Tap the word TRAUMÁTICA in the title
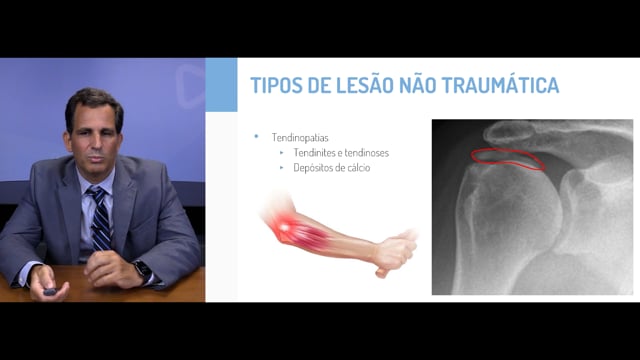(500, 84)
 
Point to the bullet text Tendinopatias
(300, 138)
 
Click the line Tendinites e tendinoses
(341, 153)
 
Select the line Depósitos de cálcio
(332, 168)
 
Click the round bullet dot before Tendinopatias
(256, 136)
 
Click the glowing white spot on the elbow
(284, 227)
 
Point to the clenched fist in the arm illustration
(394, 253)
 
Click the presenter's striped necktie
(100, 218)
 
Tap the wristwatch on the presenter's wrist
(143, 271)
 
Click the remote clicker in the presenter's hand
(50, 292)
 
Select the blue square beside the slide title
(221, 84)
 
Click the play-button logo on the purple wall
(190, 86)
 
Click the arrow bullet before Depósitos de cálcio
(282, 167)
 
